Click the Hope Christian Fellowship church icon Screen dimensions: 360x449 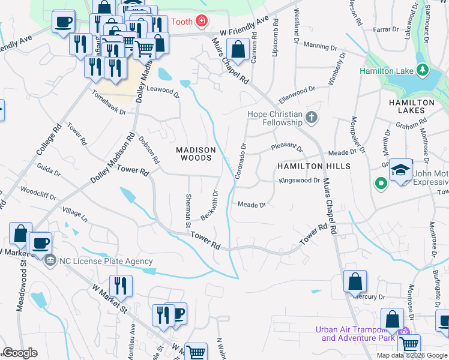click(x=311, y=118)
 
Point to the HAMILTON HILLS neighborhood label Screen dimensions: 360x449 click(x=313, y=166)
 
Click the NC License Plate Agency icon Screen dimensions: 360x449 click(x=50, y=260)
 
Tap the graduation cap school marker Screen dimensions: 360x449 click(x=400, y=170)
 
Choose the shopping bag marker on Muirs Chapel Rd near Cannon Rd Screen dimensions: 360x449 click(x=238, y=50)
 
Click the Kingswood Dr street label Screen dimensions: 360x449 click(x=299, y=180)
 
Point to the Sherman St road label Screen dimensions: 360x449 click(x=188, y=206)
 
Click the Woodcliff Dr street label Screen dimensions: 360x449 click(x=37, y=195)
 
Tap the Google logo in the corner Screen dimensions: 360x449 click(x=20, y=352)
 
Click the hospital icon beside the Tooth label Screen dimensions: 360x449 click(x=202, y=22)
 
